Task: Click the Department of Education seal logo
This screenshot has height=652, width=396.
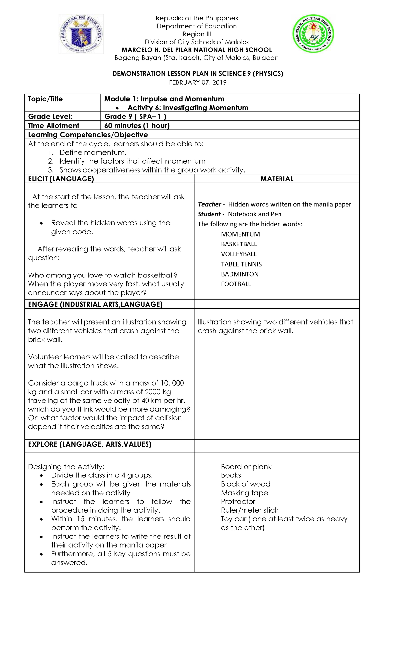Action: pos(81,34)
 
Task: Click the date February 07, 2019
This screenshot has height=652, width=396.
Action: pos(198,82)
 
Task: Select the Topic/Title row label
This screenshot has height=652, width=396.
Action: pos(45,99)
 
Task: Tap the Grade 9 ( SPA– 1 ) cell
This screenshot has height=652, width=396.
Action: pos(135,116)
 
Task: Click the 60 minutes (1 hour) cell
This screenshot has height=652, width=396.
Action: pos(137,125)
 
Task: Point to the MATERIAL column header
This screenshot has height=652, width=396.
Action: pos(277,179)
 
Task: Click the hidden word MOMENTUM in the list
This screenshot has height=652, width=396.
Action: pos(240,234)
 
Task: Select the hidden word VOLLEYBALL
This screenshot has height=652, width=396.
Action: pos(239,254)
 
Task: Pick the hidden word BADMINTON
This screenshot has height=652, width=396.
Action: pos(240,274)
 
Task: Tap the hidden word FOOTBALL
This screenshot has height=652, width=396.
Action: pos(236,284)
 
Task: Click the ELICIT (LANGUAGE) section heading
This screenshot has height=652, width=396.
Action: pos(61,179)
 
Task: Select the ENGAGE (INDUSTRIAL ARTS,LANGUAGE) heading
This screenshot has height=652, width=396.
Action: pos(95,304)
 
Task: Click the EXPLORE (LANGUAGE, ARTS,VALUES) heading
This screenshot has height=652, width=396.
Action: pos(90,444)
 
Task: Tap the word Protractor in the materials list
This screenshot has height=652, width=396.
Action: pos(238,502)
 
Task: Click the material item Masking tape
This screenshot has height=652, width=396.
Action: pos(244,493)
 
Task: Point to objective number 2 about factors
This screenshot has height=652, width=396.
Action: pos(132,161)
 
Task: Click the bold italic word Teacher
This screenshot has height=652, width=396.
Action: pos(210,204)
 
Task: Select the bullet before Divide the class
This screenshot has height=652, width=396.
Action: pos(41,476)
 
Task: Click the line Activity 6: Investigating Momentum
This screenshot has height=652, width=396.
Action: pos(188,108)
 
